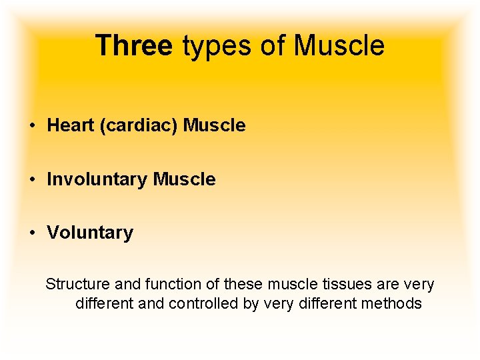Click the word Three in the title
(x=133, y=46)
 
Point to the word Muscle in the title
(x=339, y=46)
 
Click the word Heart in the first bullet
(x=70, y=125)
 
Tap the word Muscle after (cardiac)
(x=215, y=125)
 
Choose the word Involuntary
(x=97, y=179)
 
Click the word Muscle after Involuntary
(x=185, y=179)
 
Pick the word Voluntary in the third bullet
(x=90, y=233)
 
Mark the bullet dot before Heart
(x=32, y=126)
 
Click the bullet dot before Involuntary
(x=32, y=180)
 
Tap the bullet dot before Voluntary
(x=32, y=233)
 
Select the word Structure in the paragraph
(x=78, y=285)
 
